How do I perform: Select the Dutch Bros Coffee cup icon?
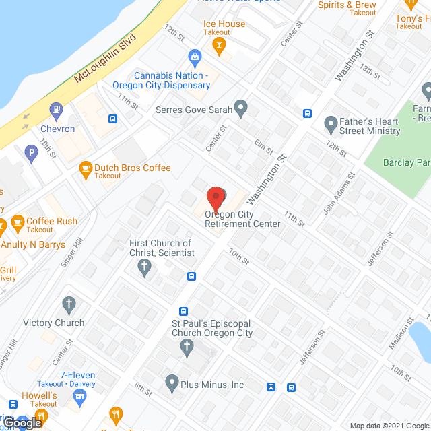[86, 168]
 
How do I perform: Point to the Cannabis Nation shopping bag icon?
[195, 56]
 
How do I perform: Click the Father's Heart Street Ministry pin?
[330, 124]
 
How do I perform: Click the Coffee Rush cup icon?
[18, 222]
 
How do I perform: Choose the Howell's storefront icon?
[81, 398]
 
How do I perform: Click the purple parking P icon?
[30, 154]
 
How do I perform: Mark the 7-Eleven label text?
[77, 375]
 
